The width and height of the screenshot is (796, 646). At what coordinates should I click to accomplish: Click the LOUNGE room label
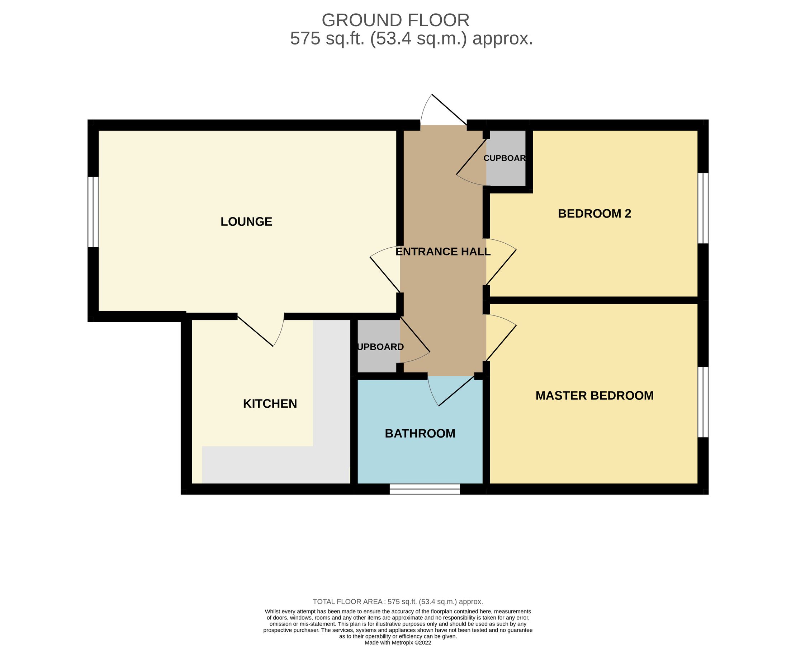click(x=246, y=222)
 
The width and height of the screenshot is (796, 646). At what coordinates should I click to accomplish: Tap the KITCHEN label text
click(x=270, y=404)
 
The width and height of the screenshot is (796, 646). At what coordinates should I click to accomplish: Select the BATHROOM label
click(x=420, y=434)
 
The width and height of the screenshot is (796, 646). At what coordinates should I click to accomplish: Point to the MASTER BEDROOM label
click(x=594, y=395)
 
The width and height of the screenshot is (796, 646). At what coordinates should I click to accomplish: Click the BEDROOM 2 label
click(x=594, y=214)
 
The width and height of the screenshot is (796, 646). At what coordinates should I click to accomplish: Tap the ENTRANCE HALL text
click(x=442, y=252)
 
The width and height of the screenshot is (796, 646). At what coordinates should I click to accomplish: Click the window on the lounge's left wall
click(x=93, y=212)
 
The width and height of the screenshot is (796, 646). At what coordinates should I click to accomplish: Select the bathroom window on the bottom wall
click(x=425, y=489)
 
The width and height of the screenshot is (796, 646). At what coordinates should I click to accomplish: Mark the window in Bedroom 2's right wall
click(x=703, y=208)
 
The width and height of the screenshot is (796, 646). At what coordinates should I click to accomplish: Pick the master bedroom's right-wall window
click(x=703, y=402)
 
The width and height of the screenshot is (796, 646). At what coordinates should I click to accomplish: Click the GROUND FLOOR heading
click(x=395, y=20)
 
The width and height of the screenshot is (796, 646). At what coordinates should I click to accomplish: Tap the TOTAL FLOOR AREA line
click(x=397, y=602)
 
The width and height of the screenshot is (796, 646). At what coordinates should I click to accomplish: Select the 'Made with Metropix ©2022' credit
click(x=397, y=643)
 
